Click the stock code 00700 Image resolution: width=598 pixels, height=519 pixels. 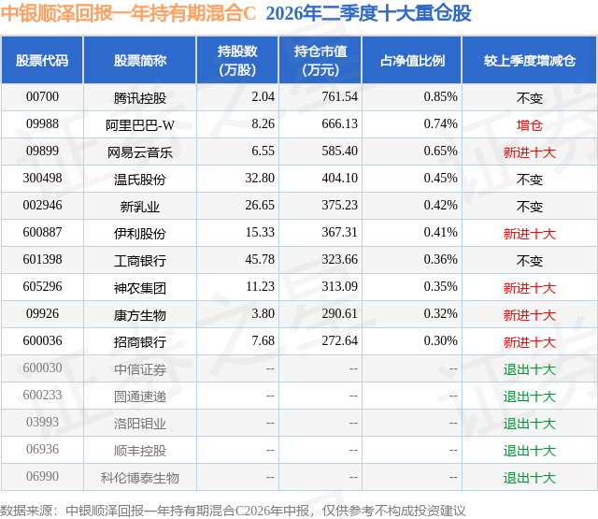point(42,96)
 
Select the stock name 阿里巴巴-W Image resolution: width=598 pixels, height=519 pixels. point(140,124)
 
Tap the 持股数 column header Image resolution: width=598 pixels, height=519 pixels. point(237,60)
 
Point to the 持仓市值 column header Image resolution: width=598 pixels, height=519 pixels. point(320,60)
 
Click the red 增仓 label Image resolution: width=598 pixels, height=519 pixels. point(530,124)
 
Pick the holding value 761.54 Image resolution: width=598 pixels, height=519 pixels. point(340,96)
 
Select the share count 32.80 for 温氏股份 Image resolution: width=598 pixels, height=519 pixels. point(260,178)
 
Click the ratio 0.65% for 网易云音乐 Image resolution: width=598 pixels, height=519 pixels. point(440,151)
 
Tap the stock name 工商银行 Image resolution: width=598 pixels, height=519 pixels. point(140,260)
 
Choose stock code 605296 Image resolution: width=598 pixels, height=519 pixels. point(42,286)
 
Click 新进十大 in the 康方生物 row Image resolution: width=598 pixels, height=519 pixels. point(530,314)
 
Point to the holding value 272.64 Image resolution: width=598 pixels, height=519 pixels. point(340,340)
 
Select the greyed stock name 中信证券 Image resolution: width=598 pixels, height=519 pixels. point(140,368)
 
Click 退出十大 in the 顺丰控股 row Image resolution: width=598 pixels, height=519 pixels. point(530,450)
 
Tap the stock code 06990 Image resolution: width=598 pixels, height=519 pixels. point(42,476)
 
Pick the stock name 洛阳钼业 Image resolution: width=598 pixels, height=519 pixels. point(140,423)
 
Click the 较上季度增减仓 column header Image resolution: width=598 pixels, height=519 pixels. point(530,60)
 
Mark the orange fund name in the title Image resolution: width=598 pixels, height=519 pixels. point(128,13)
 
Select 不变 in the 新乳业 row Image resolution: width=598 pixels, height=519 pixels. point(530,206)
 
